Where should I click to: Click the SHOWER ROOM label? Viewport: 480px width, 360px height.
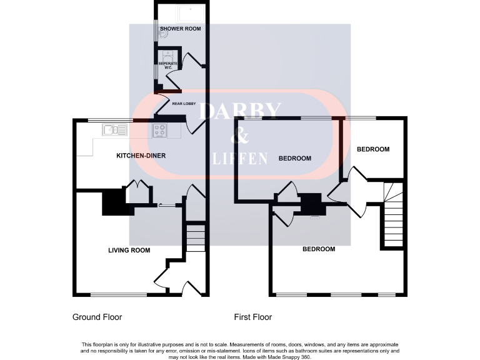(180, 29)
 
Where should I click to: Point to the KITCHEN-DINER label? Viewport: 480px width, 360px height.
(141, 155)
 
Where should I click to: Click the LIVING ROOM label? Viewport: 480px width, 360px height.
(129, 250)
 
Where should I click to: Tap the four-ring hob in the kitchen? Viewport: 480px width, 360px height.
(160, 131)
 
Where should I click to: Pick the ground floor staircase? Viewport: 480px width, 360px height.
(196, 237)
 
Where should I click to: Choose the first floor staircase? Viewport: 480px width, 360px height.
(393, 216)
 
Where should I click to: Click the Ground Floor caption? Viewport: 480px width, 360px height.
(97, 317)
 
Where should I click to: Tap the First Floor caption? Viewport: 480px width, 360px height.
(253, 317)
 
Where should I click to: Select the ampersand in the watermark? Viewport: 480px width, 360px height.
(239, 134)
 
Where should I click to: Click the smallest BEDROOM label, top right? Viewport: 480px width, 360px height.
(373, 149)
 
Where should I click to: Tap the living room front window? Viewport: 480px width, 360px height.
(119, 294)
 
